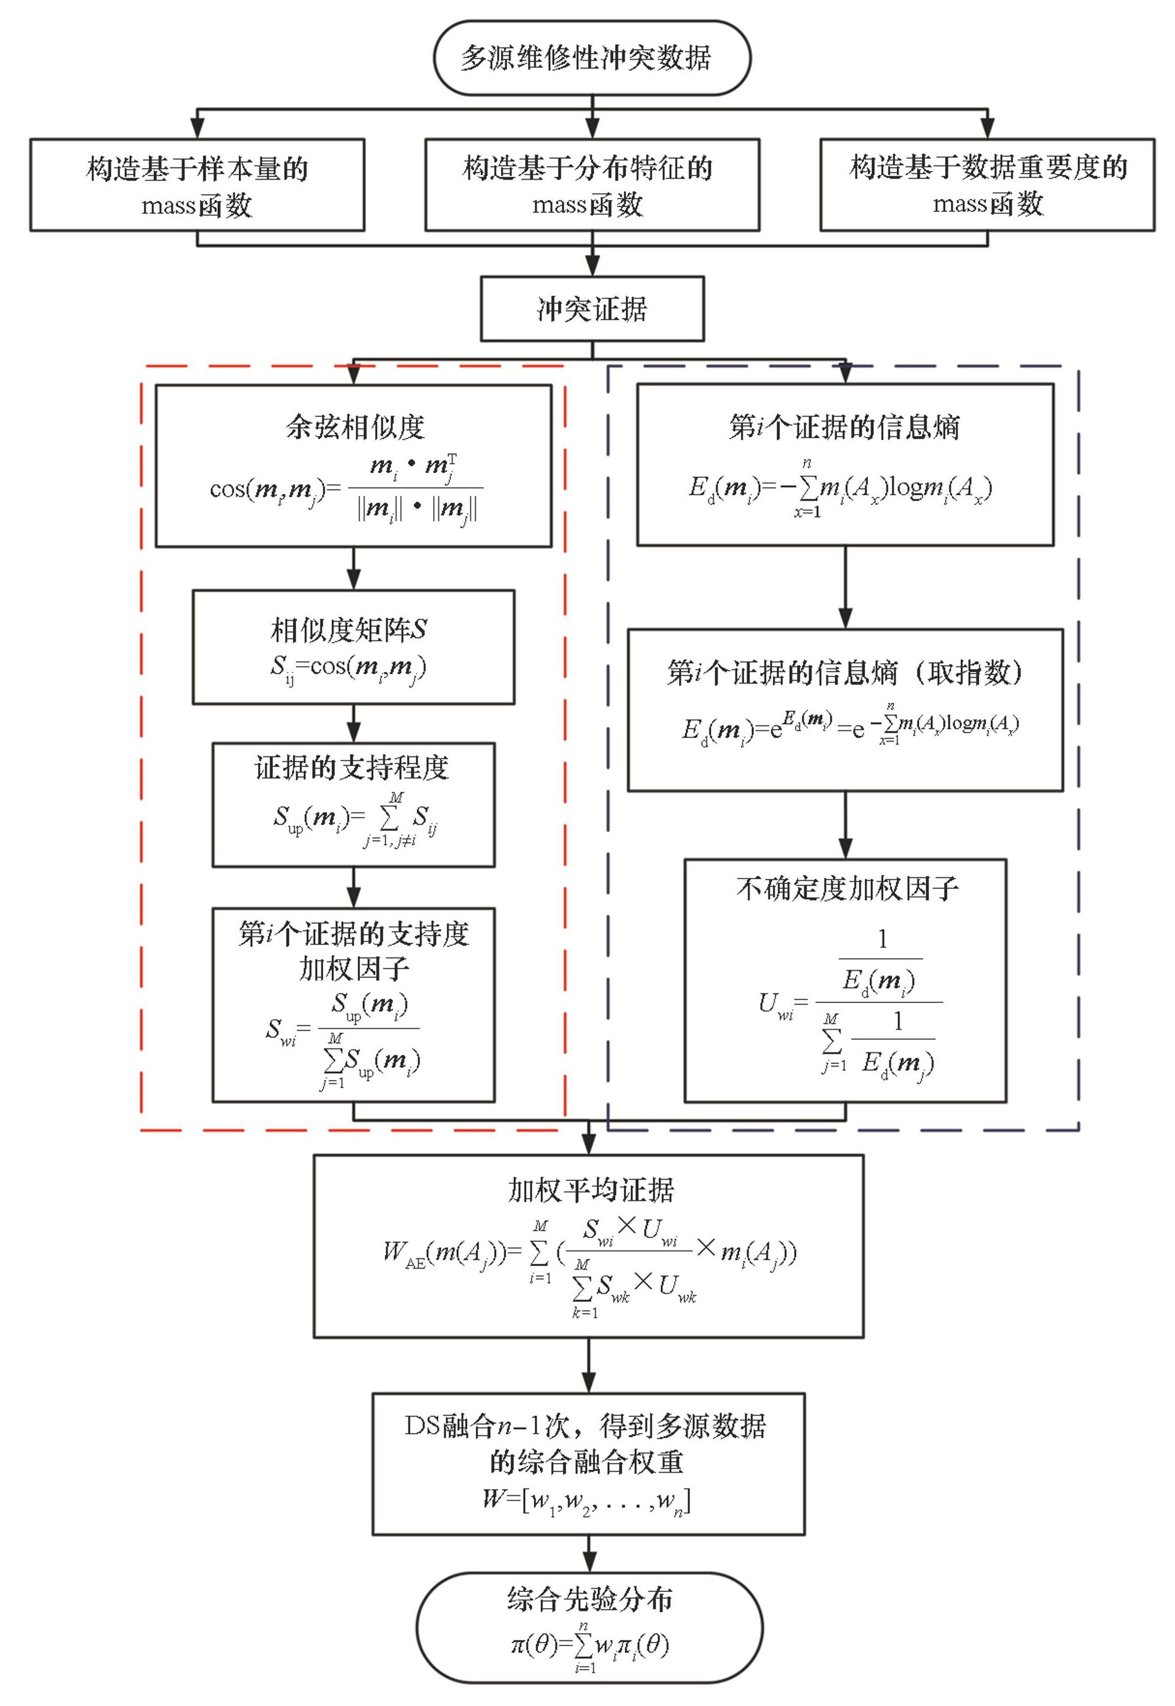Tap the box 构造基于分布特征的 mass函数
coord(592,185)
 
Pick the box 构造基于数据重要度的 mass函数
coord(987,185)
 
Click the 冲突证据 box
coord(592,309)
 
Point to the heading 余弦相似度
coord(355,427)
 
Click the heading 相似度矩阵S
coord(349,629)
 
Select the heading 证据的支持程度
coord(352,767)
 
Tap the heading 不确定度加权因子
coord(847,888)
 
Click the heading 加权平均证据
coord(590,1190)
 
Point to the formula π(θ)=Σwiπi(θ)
coord(589,1646)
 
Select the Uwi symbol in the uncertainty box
coord(776,1005)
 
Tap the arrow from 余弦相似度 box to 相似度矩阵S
coord(354,568)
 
